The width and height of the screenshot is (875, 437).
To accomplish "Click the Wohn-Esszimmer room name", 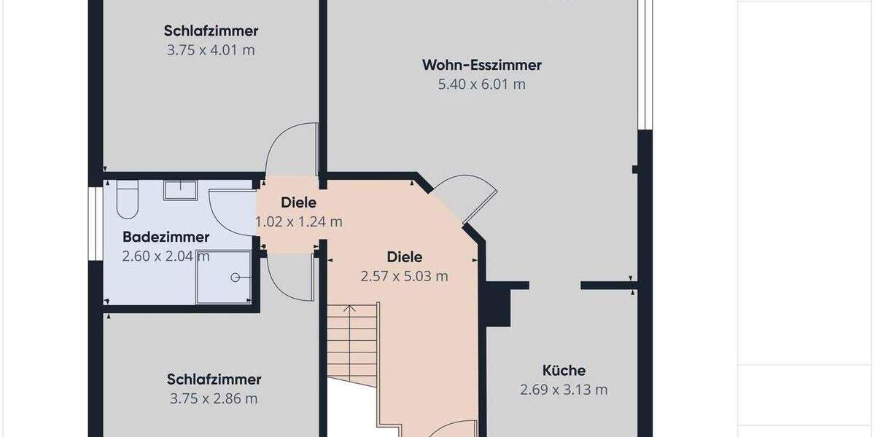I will [x=481, y=66].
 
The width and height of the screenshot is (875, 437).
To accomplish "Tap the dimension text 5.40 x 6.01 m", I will [x=481, y=84].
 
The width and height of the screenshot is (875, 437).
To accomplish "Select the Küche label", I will [x=564, y=370].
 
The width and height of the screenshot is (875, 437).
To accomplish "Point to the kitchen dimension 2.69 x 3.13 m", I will [x=564, y=390].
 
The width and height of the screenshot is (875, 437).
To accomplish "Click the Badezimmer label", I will [x=166, y=237].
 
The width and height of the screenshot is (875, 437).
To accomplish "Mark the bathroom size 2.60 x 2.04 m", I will [x=166, y=256].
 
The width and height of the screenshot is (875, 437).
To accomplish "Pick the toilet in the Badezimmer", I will [x=127, y=200].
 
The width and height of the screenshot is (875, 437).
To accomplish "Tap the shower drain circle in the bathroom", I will [x=236, y=277].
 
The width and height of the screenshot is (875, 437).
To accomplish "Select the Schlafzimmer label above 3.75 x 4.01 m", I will [x=211, y=31].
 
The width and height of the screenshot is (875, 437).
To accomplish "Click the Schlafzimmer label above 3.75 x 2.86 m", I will [x=214, y=379].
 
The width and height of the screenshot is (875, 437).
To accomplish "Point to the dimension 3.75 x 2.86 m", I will [x=214, y=399].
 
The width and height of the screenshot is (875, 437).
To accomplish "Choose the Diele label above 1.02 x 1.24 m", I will [x=298, y=203].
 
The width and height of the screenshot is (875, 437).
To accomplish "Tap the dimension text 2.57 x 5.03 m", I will [x=404, y=277].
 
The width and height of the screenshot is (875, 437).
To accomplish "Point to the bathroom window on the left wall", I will [x=94, y=223].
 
